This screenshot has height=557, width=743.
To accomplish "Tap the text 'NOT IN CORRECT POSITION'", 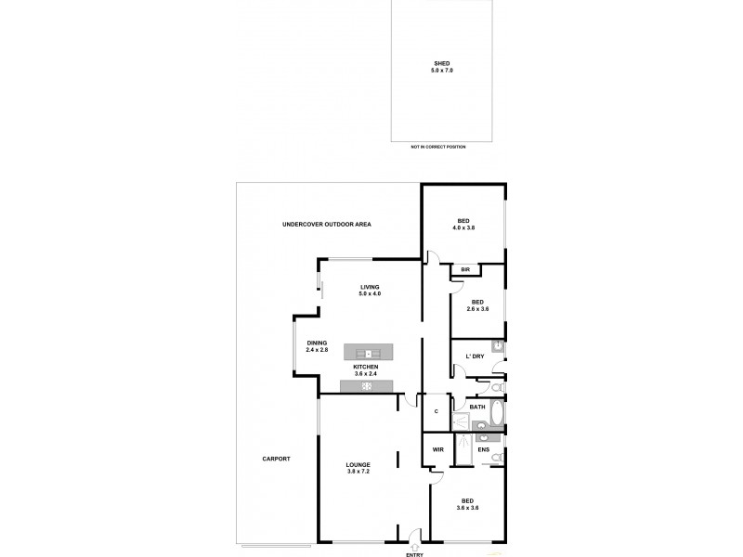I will [x=438, y=147].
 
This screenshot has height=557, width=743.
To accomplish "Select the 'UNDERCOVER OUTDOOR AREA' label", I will [x=324, y=225].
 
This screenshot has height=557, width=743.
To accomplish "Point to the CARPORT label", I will [x=276, y=459].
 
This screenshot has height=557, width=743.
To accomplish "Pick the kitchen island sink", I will [x=369, y=352].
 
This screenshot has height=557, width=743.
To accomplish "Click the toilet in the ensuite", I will [x=497, y=457].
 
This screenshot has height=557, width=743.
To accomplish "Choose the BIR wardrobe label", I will [x=465, y=269].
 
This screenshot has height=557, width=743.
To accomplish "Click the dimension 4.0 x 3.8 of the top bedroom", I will [x=463, y=227].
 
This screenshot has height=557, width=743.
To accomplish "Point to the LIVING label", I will [x=371, y=287].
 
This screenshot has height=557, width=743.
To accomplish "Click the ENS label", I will [x=484, y=450].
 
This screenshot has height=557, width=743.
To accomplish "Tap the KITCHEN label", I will [x=365, y=367].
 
